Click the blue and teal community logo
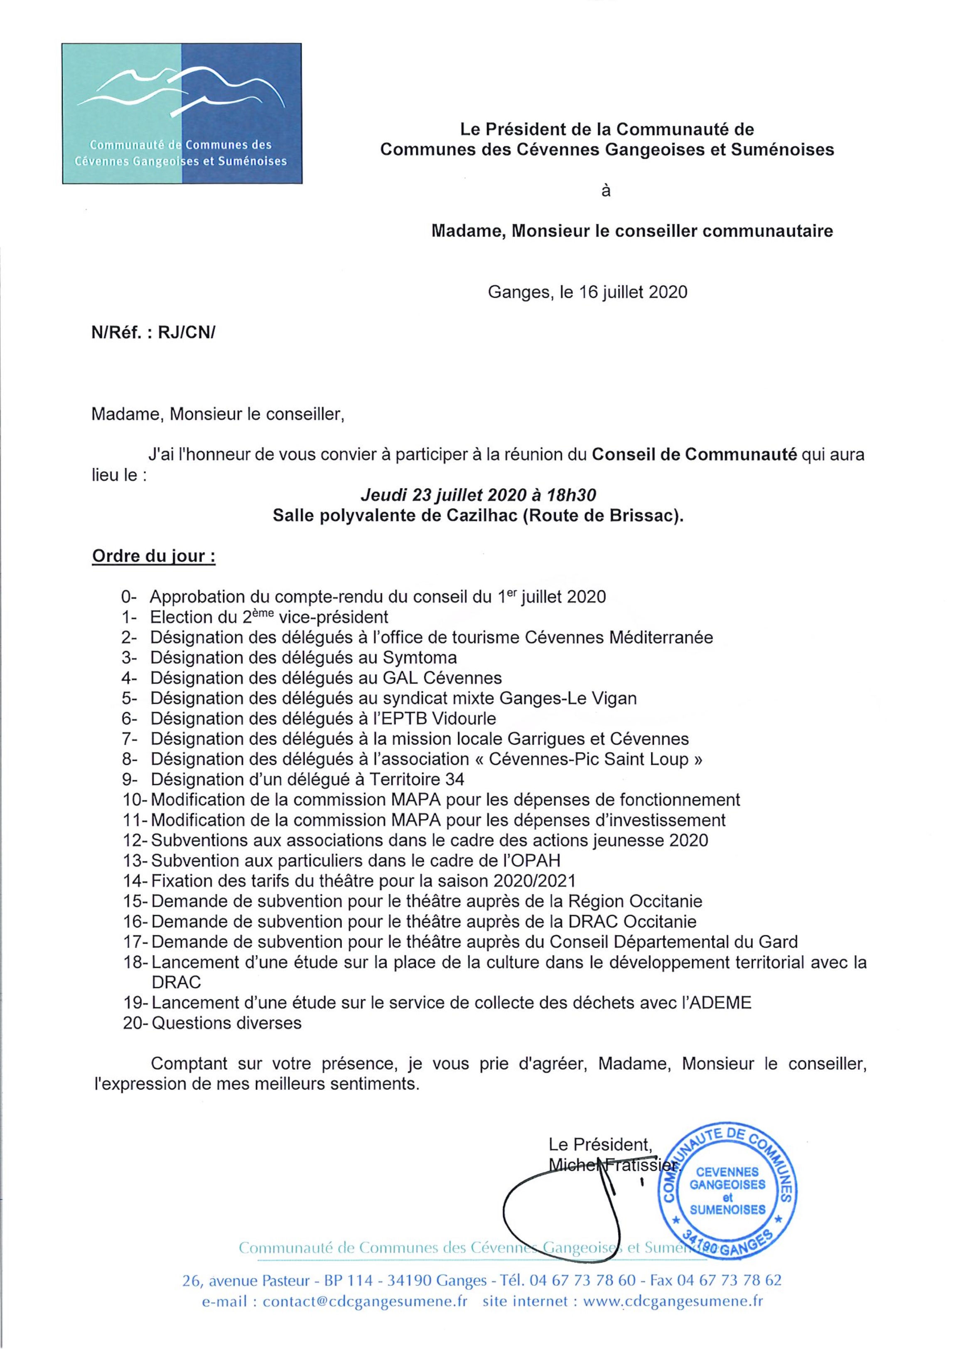[x=182, y=113]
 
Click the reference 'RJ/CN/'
[x=187, y=333]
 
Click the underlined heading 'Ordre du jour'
[x=153, y=556]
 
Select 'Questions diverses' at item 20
[x=227, y=1023]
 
